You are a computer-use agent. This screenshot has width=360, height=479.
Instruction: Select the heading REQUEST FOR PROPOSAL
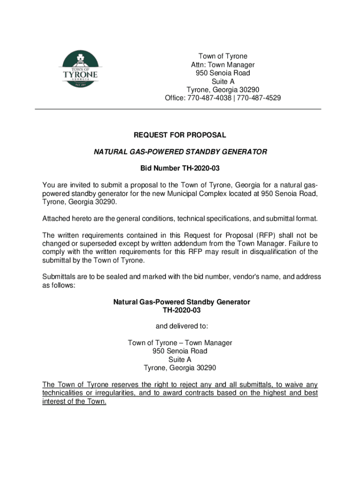point(180,135)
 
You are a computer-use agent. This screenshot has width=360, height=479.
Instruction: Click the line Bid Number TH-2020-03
point(180,168)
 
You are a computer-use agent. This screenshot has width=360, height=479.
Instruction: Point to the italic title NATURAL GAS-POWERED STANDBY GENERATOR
point(180,152)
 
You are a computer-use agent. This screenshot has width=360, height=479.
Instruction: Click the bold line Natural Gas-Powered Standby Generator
point(181,302)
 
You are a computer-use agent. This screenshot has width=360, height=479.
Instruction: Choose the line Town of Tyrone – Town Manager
point(180,343)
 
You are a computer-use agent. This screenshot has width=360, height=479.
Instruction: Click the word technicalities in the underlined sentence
point(63,393)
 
